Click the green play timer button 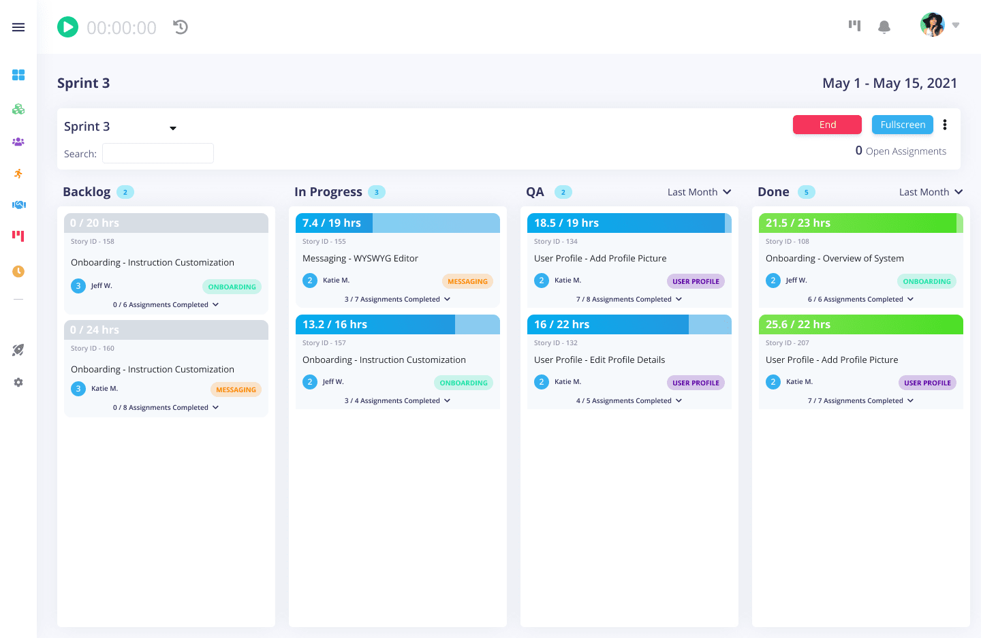tap(67, 27)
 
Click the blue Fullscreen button tap(902, 125)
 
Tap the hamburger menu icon tap(18, 27)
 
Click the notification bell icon tap(884, 27)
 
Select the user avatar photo tap(932, 25)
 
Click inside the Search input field tap(158, 153)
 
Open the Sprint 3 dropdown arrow tap(173, 128)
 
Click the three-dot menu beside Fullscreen tap(945, 125)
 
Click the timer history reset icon tap(181, 27)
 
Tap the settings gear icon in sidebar tap(18, 383)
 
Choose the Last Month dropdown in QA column tap(699, 192)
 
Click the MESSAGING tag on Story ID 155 tap(467, 281)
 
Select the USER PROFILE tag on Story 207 tap(927, 383)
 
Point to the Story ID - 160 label tap(93, 349)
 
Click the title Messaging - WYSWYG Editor tap(360, 259)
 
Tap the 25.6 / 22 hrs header tap(798, 325)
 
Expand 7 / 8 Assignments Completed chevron tap(679, 299)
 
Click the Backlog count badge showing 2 tap(125, 192)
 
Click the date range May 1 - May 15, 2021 tap(889, 83)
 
